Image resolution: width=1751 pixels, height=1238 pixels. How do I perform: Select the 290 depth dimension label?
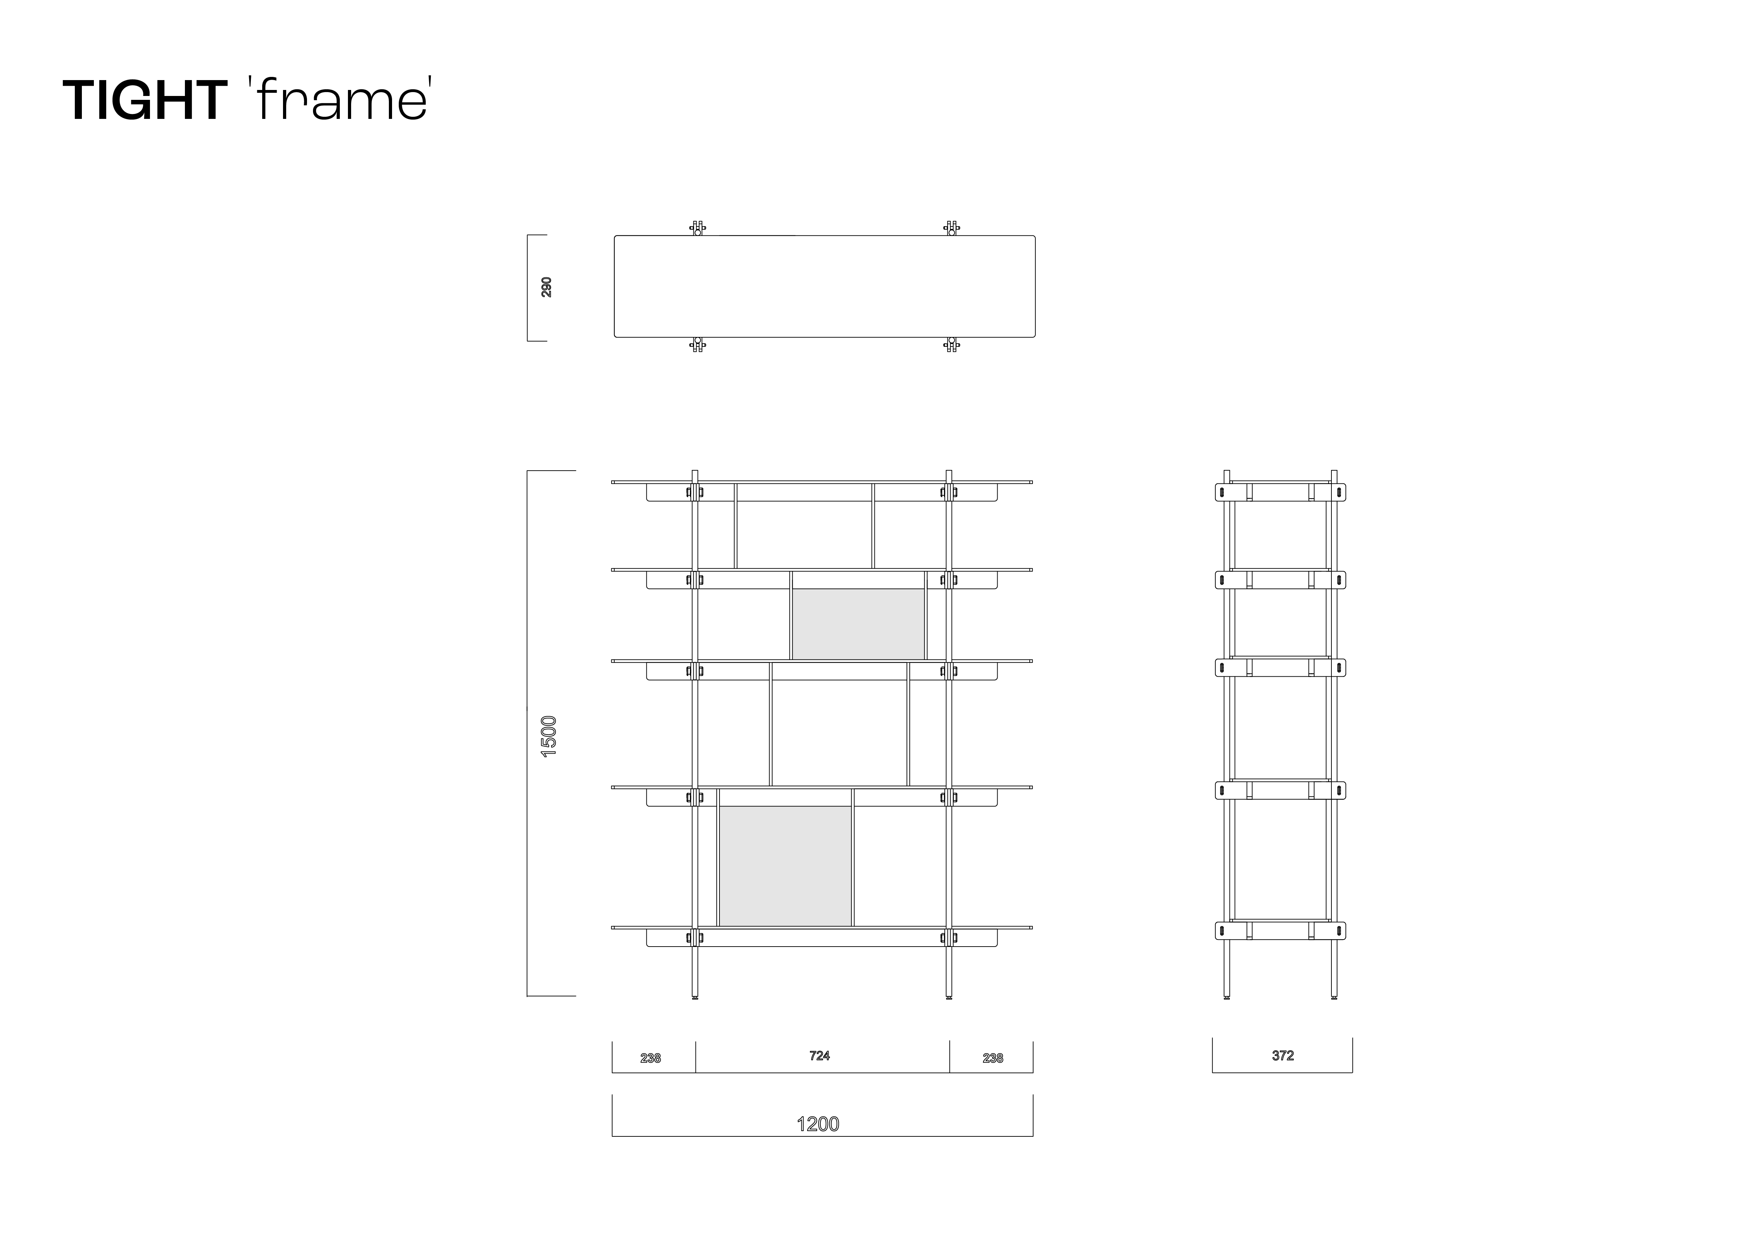[546, 288]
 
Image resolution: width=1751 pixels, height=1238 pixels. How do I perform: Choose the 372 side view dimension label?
[1283, 1056]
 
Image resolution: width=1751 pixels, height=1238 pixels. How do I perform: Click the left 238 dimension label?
[650, 1058]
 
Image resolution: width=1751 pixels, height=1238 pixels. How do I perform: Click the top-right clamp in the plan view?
[951, 228]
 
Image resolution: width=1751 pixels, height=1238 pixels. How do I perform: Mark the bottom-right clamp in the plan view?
[951, 344]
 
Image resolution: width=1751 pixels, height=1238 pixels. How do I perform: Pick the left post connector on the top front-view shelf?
[695, 493]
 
